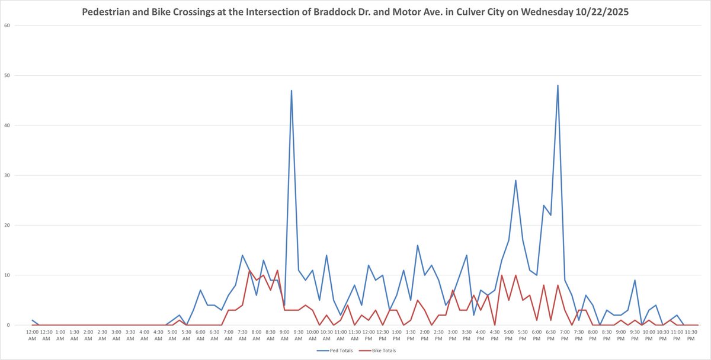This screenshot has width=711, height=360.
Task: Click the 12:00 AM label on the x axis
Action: click(x=33, y=335)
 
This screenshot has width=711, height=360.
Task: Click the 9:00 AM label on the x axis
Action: click(x=284, y=335)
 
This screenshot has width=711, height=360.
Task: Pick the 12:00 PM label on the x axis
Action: click(x=369, y=335)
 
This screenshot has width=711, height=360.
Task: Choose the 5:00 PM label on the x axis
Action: click(x=508, y=335)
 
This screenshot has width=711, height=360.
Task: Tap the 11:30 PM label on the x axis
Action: click(x=691, y=335)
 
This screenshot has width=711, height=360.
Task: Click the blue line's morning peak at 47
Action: click(x=292, y=91)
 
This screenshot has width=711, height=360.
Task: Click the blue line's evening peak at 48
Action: click(x=558, y=85)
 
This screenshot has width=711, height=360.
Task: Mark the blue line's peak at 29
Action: click(x=515, y=181)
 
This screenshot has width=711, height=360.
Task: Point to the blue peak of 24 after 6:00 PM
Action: click(x=543, y=205)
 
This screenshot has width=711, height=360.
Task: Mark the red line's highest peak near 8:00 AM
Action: click(x=249, y=271)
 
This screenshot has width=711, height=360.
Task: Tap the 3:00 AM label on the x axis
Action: click(x=116, y=335)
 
